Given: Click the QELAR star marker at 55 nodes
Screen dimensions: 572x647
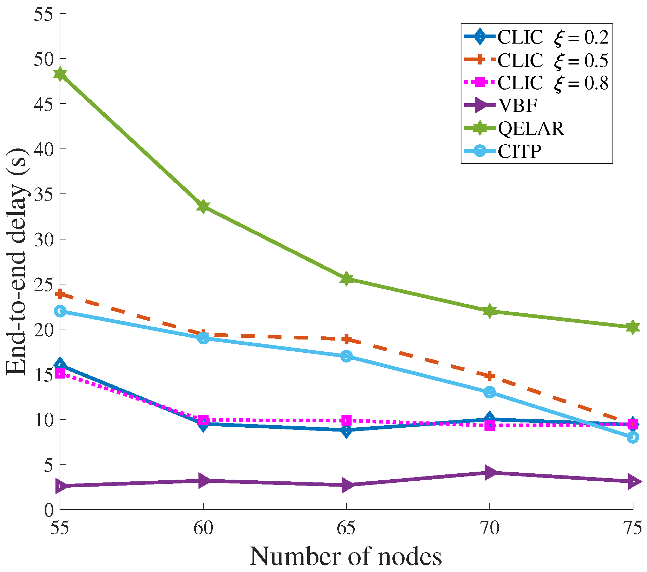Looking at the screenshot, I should pos(60,74).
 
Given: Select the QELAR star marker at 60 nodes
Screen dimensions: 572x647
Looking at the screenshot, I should pos(203,206).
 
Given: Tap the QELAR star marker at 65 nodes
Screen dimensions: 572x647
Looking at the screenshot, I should pos(346,279).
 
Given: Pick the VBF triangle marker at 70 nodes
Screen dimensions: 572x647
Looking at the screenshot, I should pos(490,472).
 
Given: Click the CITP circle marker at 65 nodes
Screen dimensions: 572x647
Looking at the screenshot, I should pos(346,356).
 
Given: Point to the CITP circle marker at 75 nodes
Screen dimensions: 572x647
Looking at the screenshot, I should pos(633,437).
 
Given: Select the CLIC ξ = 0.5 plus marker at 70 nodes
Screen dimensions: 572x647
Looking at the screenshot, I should pos(490,376).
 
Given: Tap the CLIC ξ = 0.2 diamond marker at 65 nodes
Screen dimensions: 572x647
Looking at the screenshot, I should pos(346,430).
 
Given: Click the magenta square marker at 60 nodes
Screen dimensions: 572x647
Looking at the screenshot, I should pos(203,420).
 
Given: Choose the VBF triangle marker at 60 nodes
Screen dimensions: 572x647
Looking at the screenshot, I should pos(203,481).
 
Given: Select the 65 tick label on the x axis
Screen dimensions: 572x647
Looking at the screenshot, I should pos(346,528).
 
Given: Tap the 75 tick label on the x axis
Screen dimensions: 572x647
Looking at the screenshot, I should pos(632,528).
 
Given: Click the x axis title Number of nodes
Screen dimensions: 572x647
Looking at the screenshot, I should pos(346,556).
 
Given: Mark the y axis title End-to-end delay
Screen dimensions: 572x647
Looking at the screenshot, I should pos(17,261).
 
